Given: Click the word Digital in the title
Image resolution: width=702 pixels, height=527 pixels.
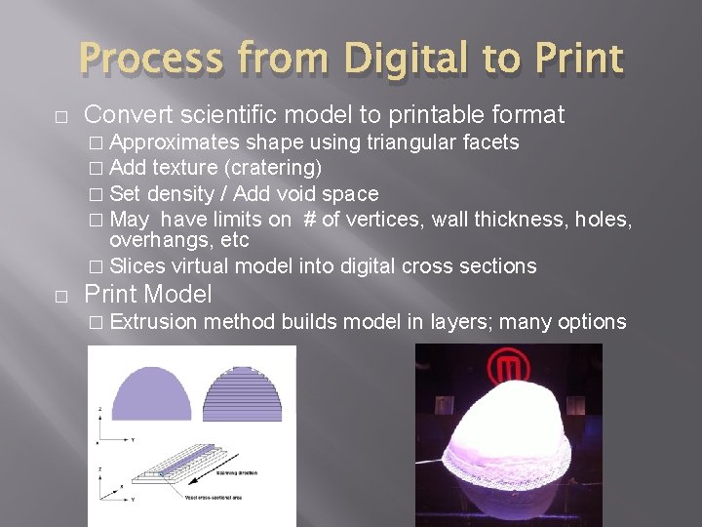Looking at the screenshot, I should pos(392,58).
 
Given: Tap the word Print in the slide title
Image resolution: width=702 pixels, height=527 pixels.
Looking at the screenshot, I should pos(577,58).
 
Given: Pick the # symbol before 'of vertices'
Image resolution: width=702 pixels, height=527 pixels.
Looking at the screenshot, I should pos(309,219).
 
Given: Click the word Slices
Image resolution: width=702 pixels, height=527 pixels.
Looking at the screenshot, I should pos(137,265).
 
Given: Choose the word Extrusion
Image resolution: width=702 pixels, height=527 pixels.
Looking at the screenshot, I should pos(154,322).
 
